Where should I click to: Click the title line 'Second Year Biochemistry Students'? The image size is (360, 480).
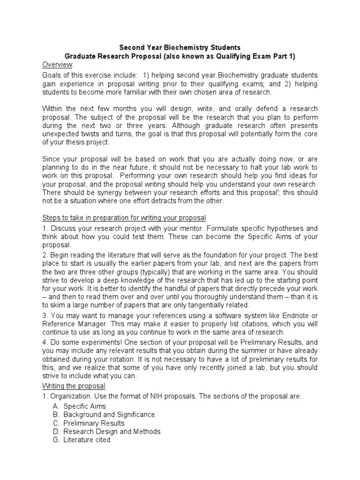(x=180, y=47)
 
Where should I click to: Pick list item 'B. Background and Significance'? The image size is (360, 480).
(x=104, y=414)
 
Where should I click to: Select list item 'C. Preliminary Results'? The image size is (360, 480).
(x=89, y=423)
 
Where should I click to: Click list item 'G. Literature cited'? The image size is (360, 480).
(x=82, y=440)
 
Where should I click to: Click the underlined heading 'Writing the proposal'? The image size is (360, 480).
(x=74, y=386)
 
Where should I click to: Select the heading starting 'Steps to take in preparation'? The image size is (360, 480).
(x=124, y=218)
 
